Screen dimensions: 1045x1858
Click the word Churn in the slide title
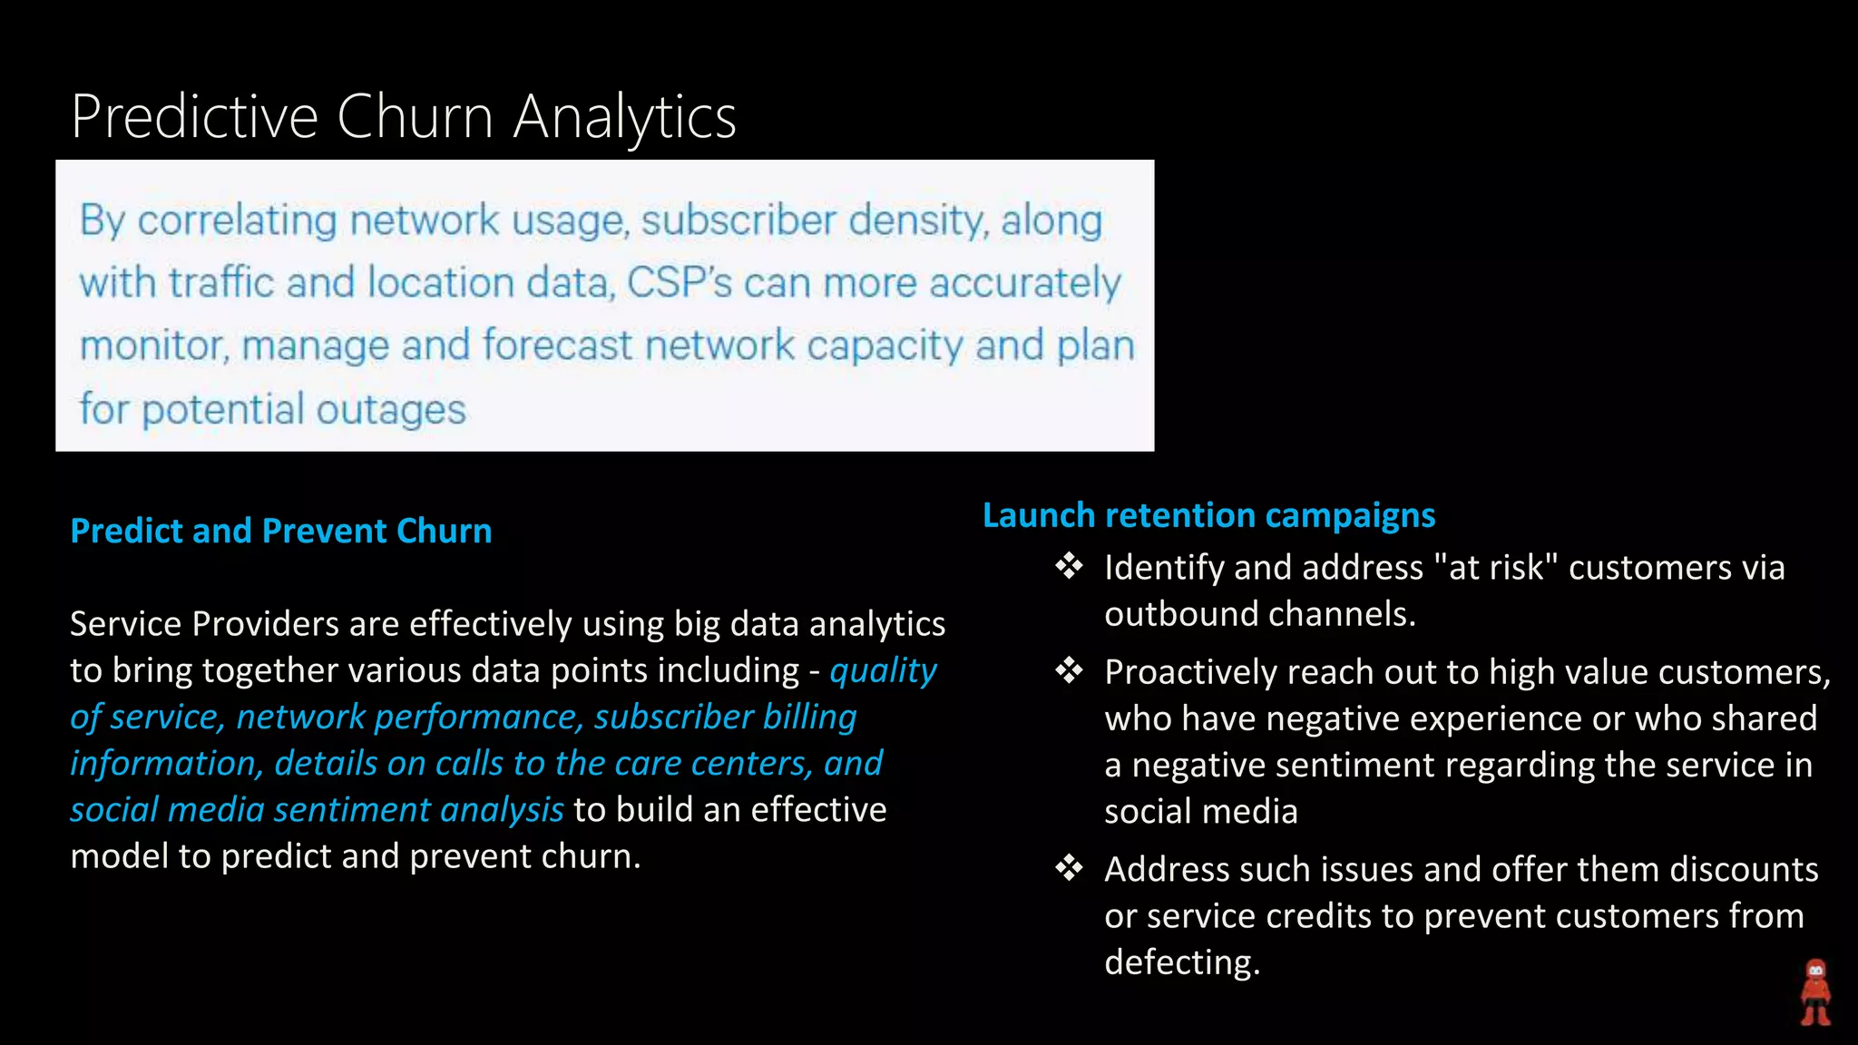click(x=415, y=117)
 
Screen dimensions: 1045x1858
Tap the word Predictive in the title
click(x=195, y=117)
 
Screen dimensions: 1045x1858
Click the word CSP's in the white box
click(x=679, y=283)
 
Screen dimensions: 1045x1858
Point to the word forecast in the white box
click(x=557, y=346)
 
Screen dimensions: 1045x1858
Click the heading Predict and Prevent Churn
click(x=281, y=531)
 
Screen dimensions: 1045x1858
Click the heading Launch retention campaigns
click(x=1208, y=515)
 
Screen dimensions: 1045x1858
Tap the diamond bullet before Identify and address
click(x=1069, y=567)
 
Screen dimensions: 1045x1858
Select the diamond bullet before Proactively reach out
click(x=1069, y=671)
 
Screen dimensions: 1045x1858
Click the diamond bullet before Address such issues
click(x=1069, y=869)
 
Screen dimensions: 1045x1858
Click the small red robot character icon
click(x=1815, y=992)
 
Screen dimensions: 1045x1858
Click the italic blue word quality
click(x=883, y=671)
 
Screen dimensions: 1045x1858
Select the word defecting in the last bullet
click(x=1181, y=962)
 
